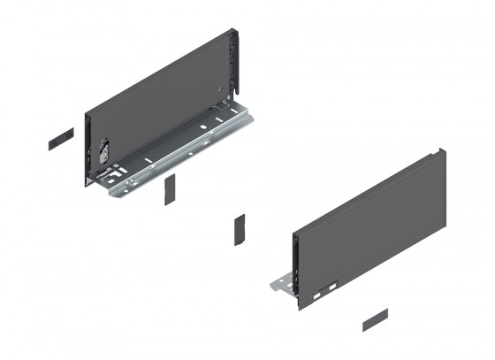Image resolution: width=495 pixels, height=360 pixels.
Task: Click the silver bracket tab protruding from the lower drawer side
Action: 280,286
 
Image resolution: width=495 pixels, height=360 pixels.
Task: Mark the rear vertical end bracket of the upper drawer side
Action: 235,62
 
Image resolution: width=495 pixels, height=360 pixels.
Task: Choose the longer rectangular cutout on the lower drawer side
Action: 330,287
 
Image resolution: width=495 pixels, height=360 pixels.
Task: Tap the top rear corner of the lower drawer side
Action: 443,152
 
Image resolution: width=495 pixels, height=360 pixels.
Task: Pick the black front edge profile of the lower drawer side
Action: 293,265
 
